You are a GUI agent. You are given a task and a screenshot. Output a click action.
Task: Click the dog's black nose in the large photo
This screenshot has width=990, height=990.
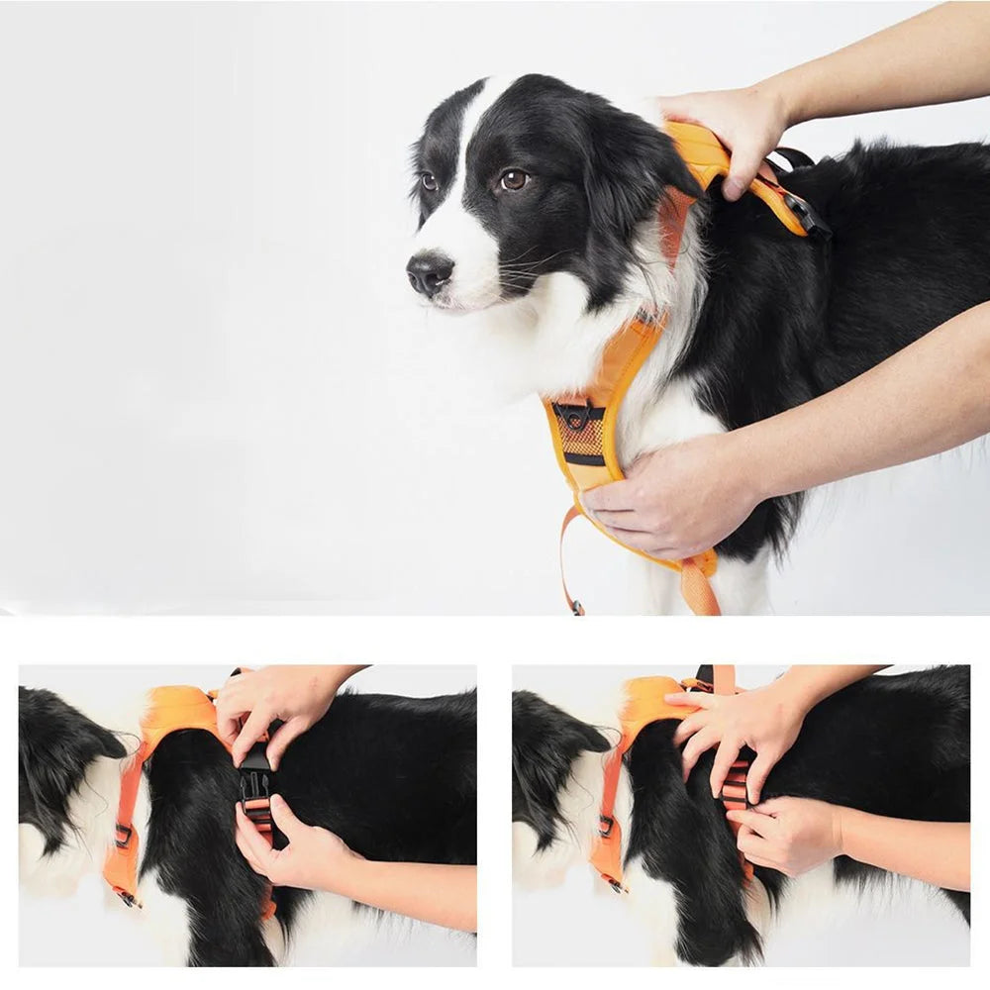point(430,271)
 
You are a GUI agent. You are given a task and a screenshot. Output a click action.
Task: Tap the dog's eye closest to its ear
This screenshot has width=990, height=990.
point(513,180)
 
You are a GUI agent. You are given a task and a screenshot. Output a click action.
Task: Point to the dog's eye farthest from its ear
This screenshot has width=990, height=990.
point(429,182)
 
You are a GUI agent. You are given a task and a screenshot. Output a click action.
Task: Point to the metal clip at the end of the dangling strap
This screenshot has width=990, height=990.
point(575,606)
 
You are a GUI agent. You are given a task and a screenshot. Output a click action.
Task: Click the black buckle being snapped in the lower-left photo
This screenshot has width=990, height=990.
point(255,772)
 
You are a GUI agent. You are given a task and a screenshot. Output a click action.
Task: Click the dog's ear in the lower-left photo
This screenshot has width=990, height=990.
point(69,752)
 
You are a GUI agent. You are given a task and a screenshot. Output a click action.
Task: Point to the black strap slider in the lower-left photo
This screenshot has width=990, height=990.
point(123,835)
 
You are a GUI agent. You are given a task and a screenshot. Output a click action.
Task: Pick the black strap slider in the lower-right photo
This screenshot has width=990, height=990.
point(605,825)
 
